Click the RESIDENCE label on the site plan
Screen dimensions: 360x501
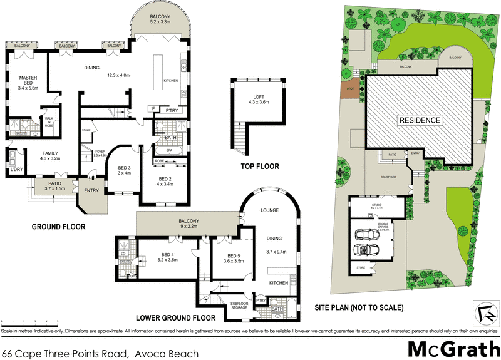tap(420, 120)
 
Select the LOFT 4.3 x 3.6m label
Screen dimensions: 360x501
tap(258, 98)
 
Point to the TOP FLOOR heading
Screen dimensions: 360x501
tap(260, 167)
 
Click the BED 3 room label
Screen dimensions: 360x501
tap(124, 170)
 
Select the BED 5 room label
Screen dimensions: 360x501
tap(234, 259)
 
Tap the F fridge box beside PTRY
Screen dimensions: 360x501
tap(154, 109)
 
